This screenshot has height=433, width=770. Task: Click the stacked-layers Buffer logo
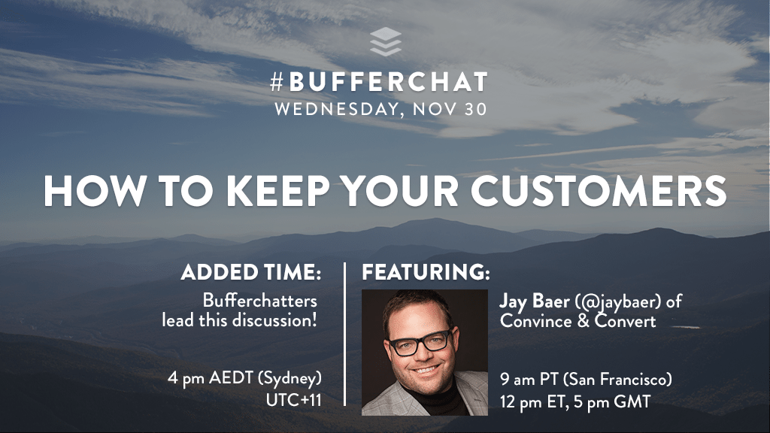tap(386, 42)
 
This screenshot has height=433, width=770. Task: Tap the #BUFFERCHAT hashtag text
tap(379, 83)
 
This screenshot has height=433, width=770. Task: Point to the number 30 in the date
tap(474, 109)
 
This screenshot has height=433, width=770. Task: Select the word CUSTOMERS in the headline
tap(599, 190)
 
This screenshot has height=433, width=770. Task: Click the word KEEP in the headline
tap(277, 190)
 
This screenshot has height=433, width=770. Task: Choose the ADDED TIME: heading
tap(251, 272)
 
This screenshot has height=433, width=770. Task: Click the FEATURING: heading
tap(426, 272)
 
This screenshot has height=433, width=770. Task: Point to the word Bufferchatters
tap(259, 301)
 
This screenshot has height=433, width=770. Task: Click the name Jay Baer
tap(535, 301)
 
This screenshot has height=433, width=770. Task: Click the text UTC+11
tap(294, 400)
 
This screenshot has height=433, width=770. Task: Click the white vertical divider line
tap(345, 334)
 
